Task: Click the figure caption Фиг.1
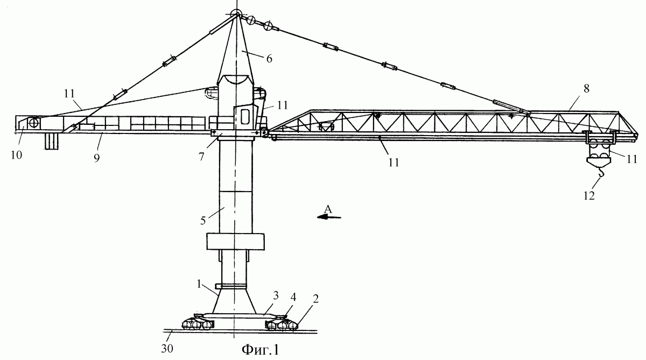261,350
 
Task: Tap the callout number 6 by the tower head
269,59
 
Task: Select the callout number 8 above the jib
587,88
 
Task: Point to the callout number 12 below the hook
589,196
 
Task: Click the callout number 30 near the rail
167,349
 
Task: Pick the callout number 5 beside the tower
203,221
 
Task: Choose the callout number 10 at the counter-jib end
17,155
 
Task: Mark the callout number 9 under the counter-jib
96,158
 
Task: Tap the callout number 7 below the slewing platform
201,157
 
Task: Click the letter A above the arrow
328,209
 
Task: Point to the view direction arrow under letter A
329,217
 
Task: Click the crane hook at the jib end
601,172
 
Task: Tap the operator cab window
245,116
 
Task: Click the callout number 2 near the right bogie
316,299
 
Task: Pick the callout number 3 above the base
276,295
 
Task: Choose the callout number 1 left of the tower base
199,284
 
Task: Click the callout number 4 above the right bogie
293,297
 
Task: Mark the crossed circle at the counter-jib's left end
34,123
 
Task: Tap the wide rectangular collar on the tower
236,242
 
